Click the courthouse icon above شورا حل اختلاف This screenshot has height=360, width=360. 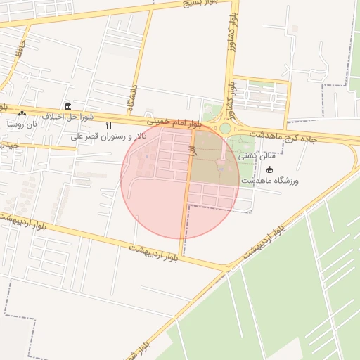pyautogui.click(x=67, y=105)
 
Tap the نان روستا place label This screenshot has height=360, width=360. pyautogui.click(x=21, y=124)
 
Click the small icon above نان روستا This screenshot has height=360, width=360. pyautogui.click(x=22, y=113)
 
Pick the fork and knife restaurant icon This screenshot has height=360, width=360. pyautogui.click(x=108, y=126)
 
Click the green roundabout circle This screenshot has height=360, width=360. pyautogui.click(x=225, y=129)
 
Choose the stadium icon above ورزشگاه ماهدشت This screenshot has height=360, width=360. pyautogui.click(x=271, y=169)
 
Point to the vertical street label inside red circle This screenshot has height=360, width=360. pyautogui.click(x=190, y=147)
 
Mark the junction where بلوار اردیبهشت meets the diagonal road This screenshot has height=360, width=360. pyautogui.click(x=226, y=268)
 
